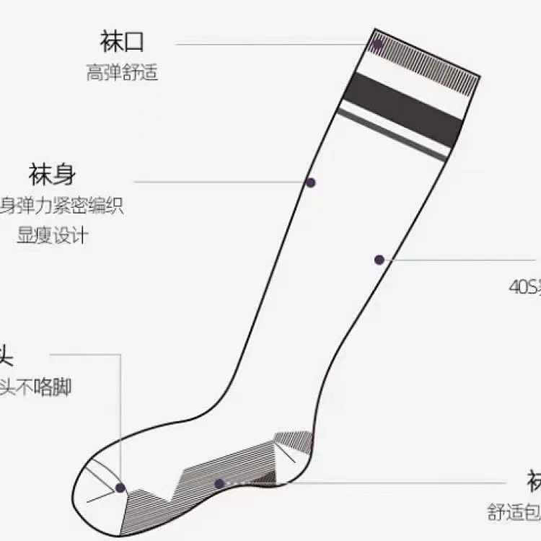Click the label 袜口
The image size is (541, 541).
[x=122, y=42]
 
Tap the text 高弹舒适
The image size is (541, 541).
[x=122, y=73]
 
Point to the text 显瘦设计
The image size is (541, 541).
[x=52, y=235]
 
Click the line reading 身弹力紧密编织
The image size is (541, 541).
[x=62, y=206]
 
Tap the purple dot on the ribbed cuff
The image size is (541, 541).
[x=377, y=44]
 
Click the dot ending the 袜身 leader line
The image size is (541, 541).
[x=310, y=182]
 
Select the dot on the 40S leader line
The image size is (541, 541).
[x=379, y=260]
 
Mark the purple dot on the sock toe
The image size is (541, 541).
[x=120, y=488]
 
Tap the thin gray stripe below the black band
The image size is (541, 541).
[x=393, y=133]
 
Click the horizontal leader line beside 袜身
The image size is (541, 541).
[x=216, y=182]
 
